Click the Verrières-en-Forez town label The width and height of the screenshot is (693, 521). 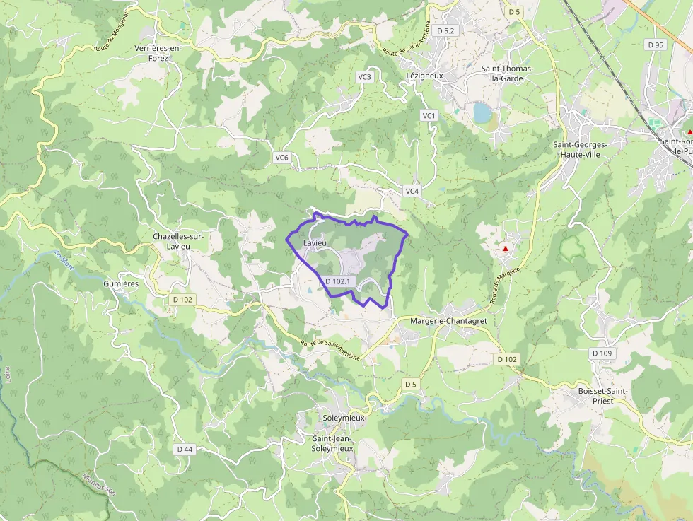pyautogui.click(x=158, y=53)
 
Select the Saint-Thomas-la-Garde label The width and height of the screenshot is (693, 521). pyautogui.click(x=507, y=74)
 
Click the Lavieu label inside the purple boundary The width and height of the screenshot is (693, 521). pyautogui.click(x=315, y=243)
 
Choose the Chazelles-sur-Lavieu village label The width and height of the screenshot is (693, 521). pyautogui.click(x=180, y=241)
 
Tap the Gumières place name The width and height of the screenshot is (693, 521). pyautogui.click(x=121, y=283)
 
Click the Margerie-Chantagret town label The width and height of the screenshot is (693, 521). pyautogui.click(x=449, y=321)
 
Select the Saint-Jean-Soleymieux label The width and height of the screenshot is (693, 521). pyautogui.click(x=332, y=443)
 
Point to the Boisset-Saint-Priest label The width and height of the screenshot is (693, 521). pyautogui.click(x=603, y=396)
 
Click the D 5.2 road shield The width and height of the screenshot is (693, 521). pyautogui.click(x=446, y=30)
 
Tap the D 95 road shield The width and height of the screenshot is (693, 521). pyautogui.click(x=656, y=45)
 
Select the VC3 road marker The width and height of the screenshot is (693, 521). pyautogui.click(x=364, y=77)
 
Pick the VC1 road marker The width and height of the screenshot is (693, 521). pyautogui.click(x=429, y=115)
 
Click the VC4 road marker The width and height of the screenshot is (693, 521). pyautogui.click(x=412, y=192)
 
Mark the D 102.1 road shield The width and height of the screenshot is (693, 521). pyautogui.click(x=338, y=281)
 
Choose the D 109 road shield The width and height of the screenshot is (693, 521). pyautogui.click(x=602, y=353)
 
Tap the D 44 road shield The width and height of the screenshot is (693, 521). pyautogui.click(x=185, y=449)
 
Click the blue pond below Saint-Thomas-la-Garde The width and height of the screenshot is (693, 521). pyautogui.click(x=482, y=112)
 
